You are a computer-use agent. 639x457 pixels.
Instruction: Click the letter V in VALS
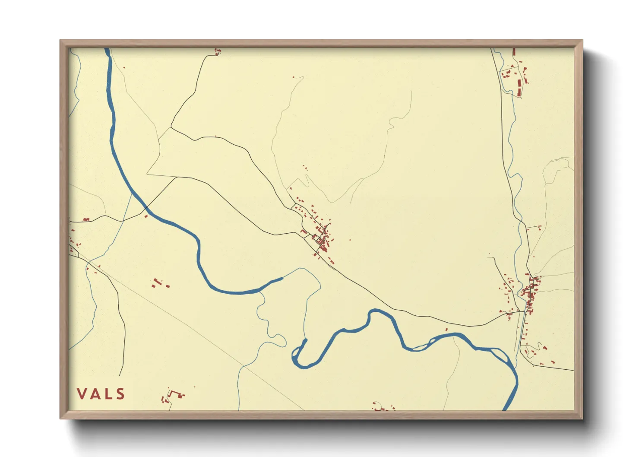click(x=82, y=394)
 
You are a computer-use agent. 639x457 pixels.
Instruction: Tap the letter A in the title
click(x=96, y=394)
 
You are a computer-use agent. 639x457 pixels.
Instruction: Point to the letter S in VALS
click(x=120, y=394)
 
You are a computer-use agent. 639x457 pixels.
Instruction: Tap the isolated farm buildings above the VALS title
click(x=159, y=283)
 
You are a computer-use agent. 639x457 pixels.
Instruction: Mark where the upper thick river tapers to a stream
click(x=282, y=279)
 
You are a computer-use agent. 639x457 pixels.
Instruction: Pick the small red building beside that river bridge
click(x=146, y=216)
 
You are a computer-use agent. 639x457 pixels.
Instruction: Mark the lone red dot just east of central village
click(x=350, y=240)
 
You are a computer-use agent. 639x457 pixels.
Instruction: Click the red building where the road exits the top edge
click(x=217, y=52)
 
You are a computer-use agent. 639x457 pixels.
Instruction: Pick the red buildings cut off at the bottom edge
click(x=382, y=407)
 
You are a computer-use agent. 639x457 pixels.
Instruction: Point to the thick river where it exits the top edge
click(x=107, y=50)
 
